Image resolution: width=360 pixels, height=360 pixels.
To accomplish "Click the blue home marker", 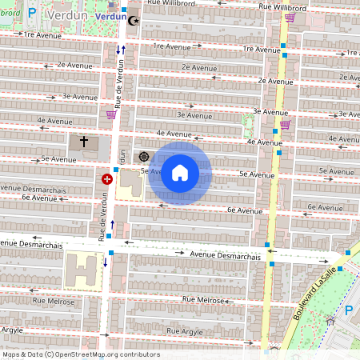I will click(180, 173).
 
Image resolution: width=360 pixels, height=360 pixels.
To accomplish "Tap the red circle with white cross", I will click(106, 179).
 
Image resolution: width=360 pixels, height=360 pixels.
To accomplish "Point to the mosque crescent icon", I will click(133, 20).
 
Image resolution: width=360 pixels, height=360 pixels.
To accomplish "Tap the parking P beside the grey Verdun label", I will click(32, 12).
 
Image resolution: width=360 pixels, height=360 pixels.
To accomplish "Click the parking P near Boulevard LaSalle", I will click(348, 310).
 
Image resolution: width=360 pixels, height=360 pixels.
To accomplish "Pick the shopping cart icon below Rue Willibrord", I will click(289, 18).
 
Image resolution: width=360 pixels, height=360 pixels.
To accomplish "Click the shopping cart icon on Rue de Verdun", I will click(110, 114).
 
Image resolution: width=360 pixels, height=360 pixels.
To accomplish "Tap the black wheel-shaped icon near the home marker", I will click(144, 157).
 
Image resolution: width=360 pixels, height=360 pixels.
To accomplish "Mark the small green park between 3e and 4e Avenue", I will click(248, 125).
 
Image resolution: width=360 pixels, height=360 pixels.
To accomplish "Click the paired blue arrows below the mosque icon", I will click(120, 50).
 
